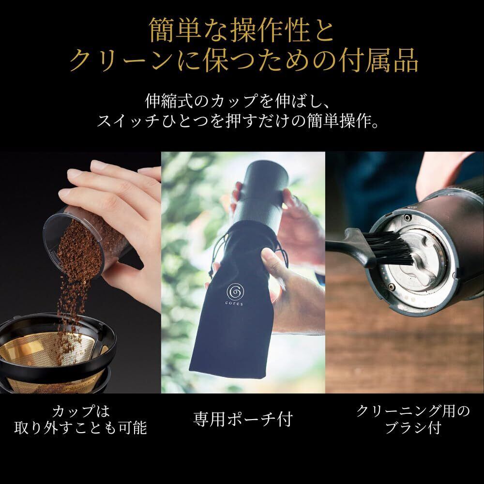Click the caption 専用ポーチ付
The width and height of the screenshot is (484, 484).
(x=242, y=419)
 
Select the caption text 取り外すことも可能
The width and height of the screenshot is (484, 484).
(x=80, y=428)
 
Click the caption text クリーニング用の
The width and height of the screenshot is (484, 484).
(x=413, y=411)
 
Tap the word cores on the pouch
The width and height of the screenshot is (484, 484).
(x=234, y=304)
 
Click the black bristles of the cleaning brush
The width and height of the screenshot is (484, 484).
(x=390, y=249)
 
